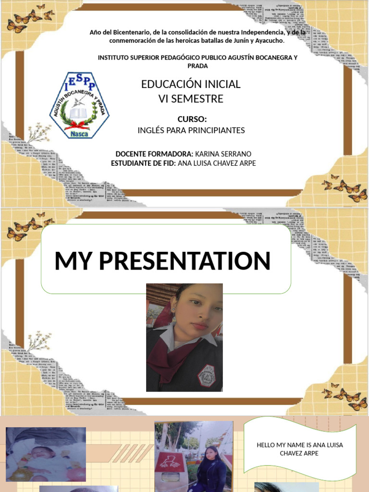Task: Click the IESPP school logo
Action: pos(80,105)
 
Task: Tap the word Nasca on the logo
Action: pos(79,134)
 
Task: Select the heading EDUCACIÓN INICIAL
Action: pos(191,84)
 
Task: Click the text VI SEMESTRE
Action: pos(191,99)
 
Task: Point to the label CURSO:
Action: pos(192,119)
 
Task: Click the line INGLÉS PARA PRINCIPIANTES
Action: pos(191,130)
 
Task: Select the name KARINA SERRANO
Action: pos(223,154)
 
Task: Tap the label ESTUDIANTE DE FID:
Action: pos(143,163)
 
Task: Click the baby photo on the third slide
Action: pos(46,454)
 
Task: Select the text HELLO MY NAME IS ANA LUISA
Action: pos(299,445)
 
